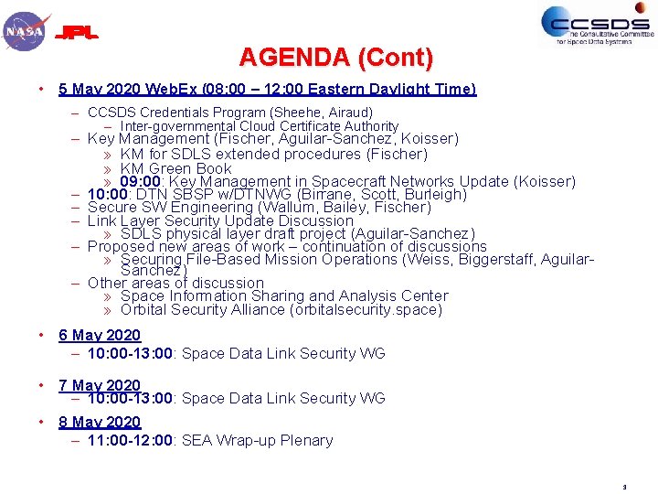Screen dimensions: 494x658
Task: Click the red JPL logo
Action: (x=78, y=34)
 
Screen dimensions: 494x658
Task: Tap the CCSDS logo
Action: (x=598, y=25)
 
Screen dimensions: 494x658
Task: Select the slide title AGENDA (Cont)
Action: (x=335, y=58)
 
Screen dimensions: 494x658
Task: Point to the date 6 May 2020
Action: (x=100, y=336)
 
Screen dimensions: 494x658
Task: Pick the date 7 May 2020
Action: (x=100, y=385)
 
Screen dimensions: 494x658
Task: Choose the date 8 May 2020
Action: (x=100, y=422)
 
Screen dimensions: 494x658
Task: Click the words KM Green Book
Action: (x=176, y=168)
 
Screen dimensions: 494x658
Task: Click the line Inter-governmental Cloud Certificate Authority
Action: (x=260, y=126)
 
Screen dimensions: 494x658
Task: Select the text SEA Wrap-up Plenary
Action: (x=258, y=440)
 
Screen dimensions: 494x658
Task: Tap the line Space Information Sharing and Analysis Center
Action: (x=284, y=295)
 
